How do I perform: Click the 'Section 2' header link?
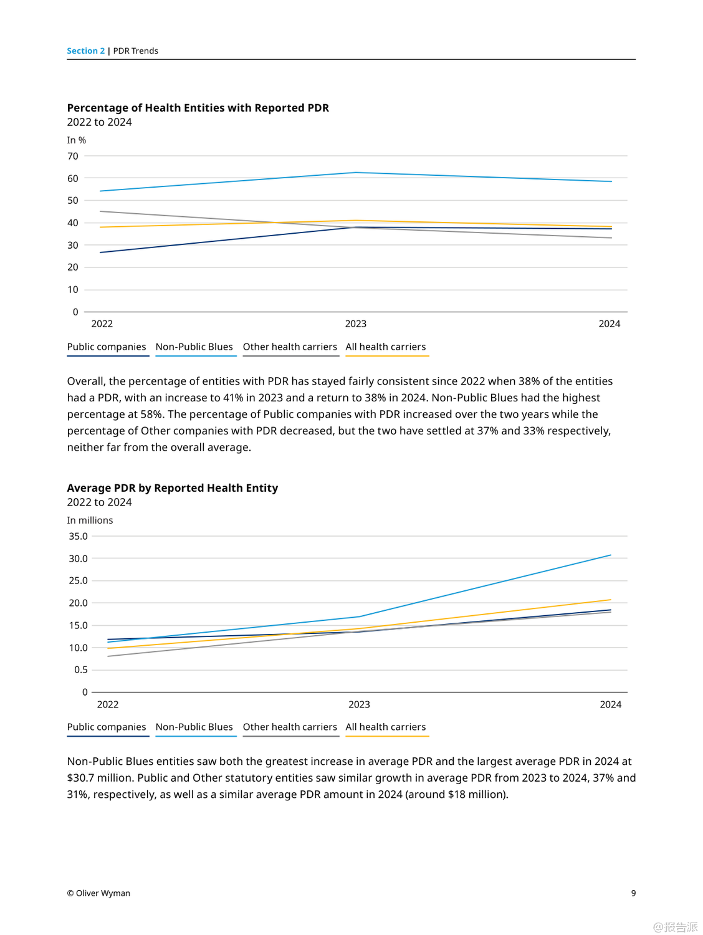point(86,51)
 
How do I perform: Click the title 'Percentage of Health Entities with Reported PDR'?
point(198,108)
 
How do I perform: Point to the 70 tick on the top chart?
point(73,156)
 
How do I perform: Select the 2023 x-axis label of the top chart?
point(356,324)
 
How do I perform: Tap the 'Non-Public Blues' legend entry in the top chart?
point(194,347)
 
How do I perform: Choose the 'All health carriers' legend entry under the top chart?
point(386,347)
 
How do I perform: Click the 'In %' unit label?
point(77,140)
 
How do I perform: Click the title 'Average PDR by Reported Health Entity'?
point(172,488)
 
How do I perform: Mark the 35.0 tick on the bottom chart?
point(78,536)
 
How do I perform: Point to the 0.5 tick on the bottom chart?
point(81,669)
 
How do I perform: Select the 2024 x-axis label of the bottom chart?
point(610,704)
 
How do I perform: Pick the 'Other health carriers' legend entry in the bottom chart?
point(290,727)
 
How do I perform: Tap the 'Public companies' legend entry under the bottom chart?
point(107,727)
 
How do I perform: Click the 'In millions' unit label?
point(90,520)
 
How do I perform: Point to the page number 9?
point(633,893)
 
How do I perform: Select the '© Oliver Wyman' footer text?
point(98,893)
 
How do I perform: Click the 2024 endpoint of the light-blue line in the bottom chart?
point(611,555)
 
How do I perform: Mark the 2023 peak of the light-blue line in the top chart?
point(356,173)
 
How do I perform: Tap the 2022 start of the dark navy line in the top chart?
point(100,252)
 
